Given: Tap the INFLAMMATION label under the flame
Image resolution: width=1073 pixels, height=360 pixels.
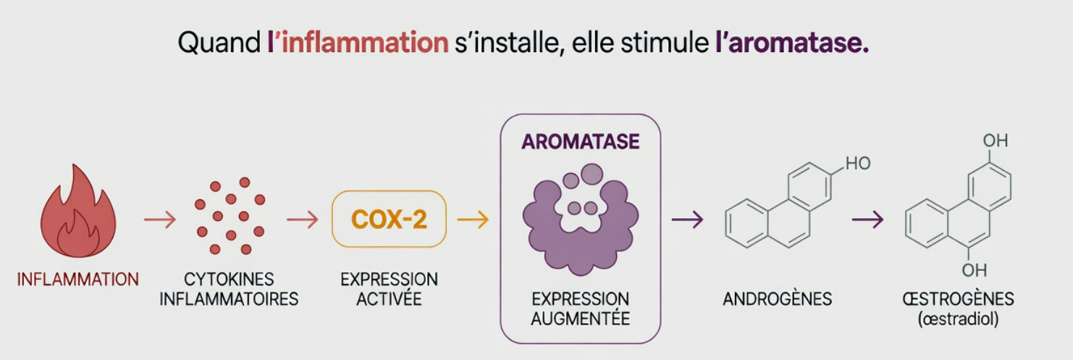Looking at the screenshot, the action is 78,279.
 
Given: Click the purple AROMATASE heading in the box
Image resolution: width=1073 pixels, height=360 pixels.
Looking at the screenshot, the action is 581,142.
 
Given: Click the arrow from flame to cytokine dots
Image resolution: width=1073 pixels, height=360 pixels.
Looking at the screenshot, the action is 160,219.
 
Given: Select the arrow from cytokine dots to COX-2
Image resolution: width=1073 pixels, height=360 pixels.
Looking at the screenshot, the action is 303,219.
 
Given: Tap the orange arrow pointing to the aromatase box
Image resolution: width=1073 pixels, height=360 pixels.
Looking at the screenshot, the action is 473,219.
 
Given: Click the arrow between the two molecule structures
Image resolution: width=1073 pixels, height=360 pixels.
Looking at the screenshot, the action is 867,219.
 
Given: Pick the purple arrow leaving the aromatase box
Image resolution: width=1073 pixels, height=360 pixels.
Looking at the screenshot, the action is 687,219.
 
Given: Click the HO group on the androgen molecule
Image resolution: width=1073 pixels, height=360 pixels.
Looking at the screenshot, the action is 858,164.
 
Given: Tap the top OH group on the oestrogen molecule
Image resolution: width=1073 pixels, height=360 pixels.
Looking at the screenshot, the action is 996,141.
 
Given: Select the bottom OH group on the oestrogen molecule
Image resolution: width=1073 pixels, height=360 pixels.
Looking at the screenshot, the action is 975,270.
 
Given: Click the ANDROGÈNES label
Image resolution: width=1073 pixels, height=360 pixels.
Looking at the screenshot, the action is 777,298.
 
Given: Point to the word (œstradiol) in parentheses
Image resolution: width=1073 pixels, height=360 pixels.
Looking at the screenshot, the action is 958,319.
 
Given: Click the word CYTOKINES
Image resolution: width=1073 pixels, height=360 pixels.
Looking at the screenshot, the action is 229,279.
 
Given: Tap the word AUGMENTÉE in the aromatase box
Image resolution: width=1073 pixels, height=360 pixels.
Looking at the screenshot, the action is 581,318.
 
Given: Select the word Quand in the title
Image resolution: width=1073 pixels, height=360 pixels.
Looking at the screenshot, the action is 219,42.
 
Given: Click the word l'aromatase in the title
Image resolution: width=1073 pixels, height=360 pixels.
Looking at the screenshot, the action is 792,42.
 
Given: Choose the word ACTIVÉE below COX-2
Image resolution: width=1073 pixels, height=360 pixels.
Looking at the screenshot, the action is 389,298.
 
